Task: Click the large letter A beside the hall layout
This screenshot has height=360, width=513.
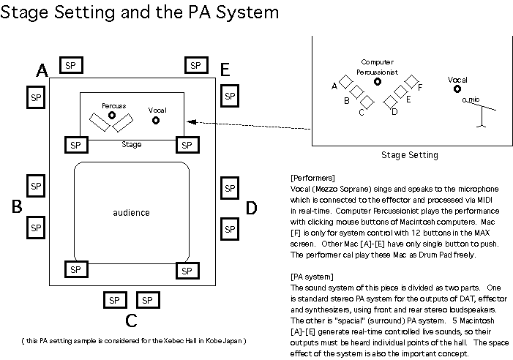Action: coord(42,70)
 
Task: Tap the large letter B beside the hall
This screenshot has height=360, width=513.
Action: coord(16,207)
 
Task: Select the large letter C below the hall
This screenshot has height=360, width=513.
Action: coord(131,320)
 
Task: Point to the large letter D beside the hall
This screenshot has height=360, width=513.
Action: coord(251,209)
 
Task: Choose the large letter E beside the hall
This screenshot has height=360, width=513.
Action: coord(225,70)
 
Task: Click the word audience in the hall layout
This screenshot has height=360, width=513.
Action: coord(132,213)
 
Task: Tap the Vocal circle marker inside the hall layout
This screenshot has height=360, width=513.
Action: coord(157,119)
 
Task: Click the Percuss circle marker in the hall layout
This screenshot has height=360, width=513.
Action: coord(111,115)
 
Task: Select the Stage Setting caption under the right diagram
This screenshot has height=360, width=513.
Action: coord(410,155)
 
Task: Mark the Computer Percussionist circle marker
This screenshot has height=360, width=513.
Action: coord(378,81)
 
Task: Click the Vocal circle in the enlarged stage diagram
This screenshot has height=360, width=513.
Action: coord(457,89)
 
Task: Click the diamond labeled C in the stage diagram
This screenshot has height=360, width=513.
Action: coord(368,103)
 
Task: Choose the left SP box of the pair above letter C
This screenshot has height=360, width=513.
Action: coord(113,300)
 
